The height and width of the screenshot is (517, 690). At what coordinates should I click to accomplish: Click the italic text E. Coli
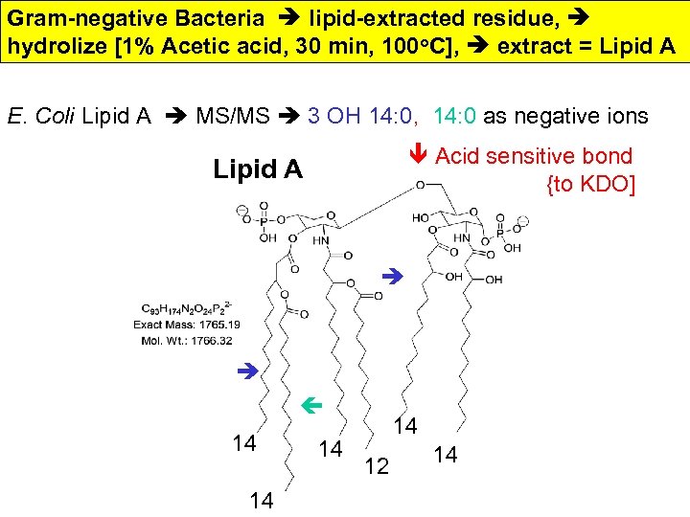(41, 117)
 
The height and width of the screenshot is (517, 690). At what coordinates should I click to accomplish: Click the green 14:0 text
(455, 117)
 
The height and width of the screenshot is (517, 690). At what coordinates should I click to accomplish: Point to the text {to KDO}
(590, 183)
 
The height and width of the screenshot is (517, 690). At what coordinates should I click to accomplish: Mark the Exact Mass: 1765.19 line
(188, 326)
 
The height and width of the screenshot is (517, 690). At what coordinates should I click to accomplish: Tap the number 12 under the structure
(378, 465)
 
